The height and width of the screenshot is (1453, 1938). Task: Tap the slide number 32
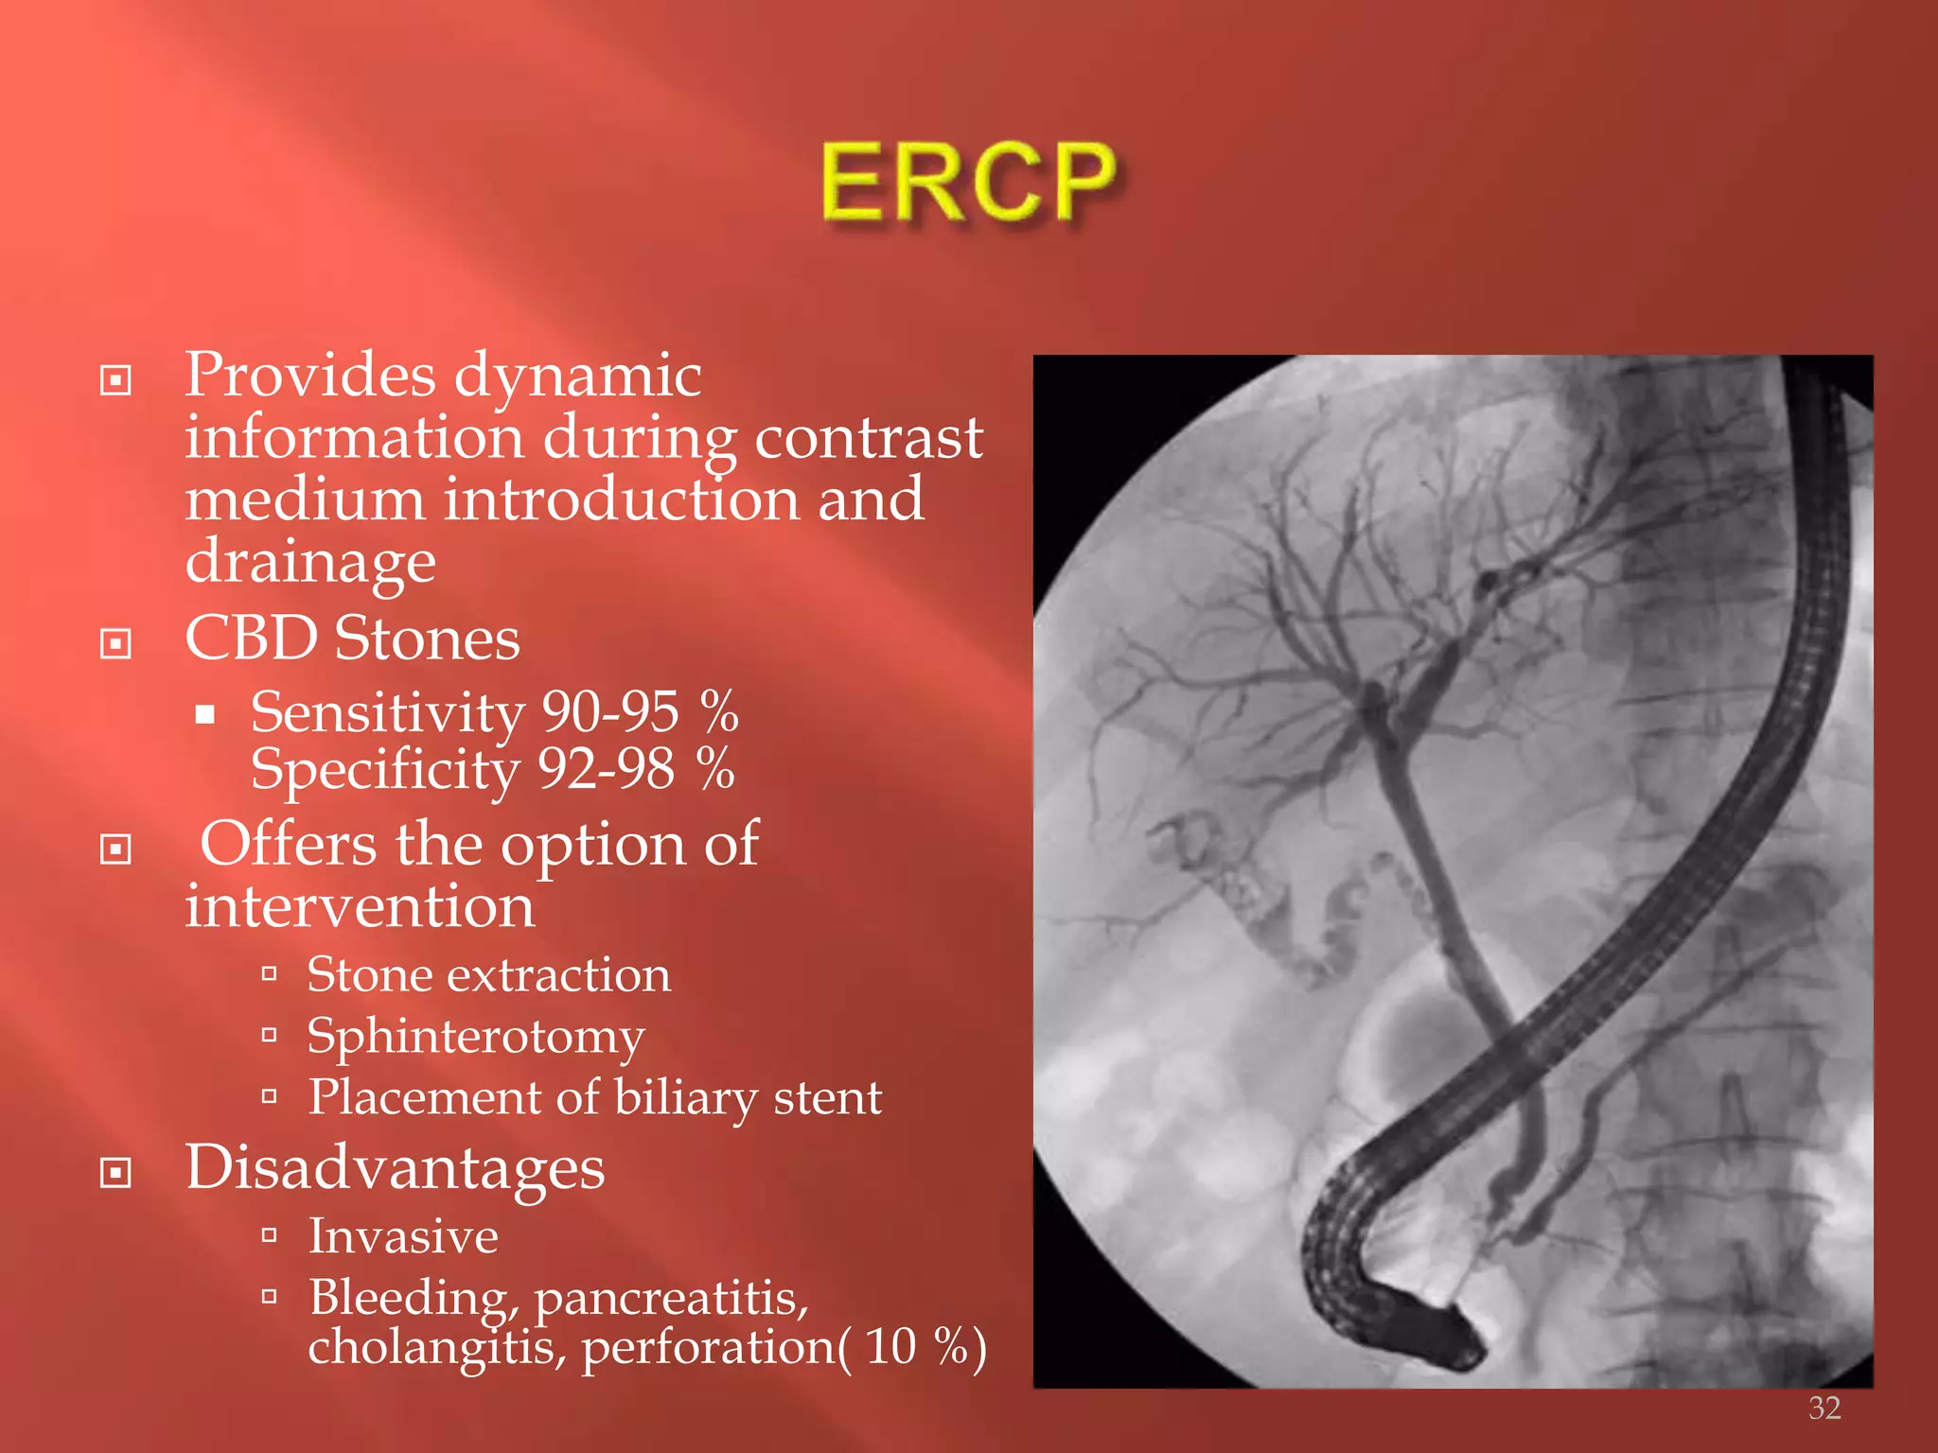pyautogui.click(x=1824, y=1408)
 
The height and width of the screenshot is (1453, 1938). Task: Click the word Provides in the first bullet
pyautogui.click(x=309, y=375)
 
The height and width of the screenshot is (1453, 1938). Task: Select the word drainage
pyautogui.click(x=310, y=562)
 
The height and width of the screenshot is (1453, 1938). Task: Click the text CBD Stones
pyautogui.click(x=352, y=639)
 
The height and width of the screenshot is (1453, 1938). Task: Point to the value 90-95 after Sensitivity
pyautogui.click(x=610, y=711)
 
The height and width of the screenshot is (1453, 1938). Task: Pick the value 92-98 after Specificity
pyautogui.click(x=607, y=768)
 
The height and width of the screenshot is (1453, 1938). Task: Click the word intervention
pyautogui.click(x=360, y=906)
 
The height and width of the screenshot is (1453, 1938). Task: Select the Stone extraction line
pyautogui.click(x=488, y=974)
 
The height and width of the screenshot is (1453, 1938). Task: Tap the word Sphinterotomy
pyautogui.click(x=475, y=1037)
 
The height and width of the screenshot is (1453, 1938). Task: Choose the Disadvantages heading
pyautogui.click(x=395, y=1167)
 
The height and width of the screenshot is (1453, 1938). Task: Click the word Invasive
pyautogui.click(x=403, y=1236)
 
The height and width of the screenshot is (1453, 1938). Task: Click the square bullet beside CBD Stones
pyautogui.click(x=115, y=644)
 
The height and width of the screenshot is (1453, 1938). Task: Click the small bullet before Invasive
pyautogui.click(x=270, y=1234)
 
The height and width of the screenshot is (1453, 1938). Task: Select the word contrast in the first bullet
pyautogui.click(x=868, y=437)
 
